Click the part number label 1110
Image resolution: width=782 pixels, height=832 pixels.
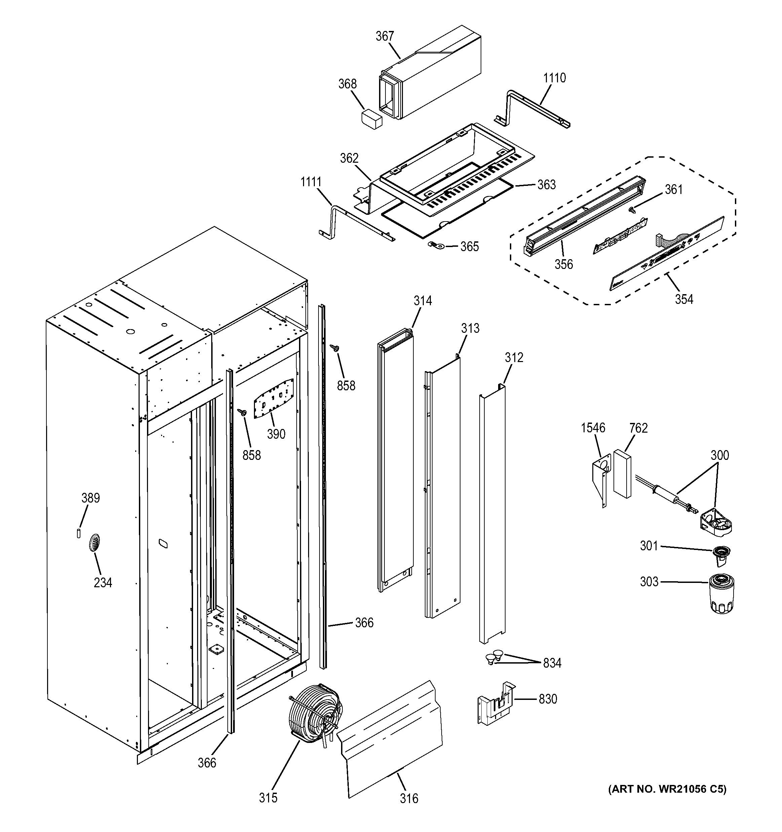coord(554,78)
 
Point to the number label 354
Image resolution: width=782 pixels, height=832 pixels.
coord(684,299)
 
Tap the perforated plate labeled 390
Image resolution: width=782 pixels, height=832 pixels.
coord(273,402)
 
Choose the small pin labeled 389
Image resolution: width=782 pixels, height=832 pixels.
coord(79,533)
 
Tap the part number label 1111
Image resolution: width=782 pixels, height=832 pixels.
coord(311,182)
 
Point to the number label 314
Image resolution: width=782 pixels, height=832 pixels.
coord(423,301)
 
